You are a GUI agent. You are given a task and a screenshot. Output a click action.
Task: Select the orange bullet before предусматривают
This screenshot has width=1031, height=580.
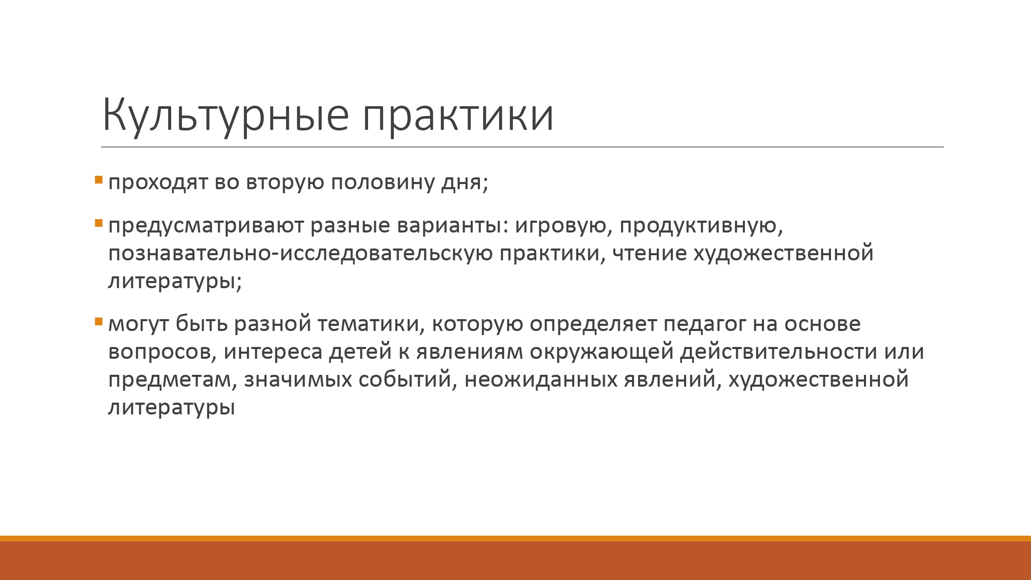(99, 224)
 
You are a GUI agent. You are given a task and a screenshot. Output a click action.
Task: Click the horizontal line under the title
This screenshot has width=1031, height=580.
(522, 147)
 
